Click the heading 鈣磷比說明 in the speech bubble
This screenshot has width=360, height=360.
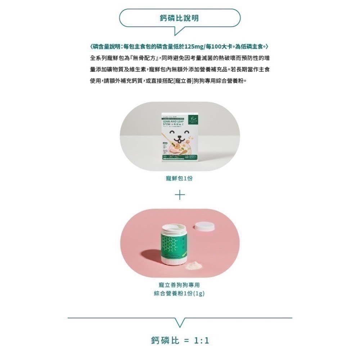point(179,18)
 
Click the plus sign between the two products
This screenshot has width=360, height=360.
point(180,195)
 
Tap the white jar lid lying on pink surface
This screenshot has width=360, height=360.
point(204,226)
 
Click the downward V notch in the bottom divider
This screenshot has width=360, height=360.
point(180,321)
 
